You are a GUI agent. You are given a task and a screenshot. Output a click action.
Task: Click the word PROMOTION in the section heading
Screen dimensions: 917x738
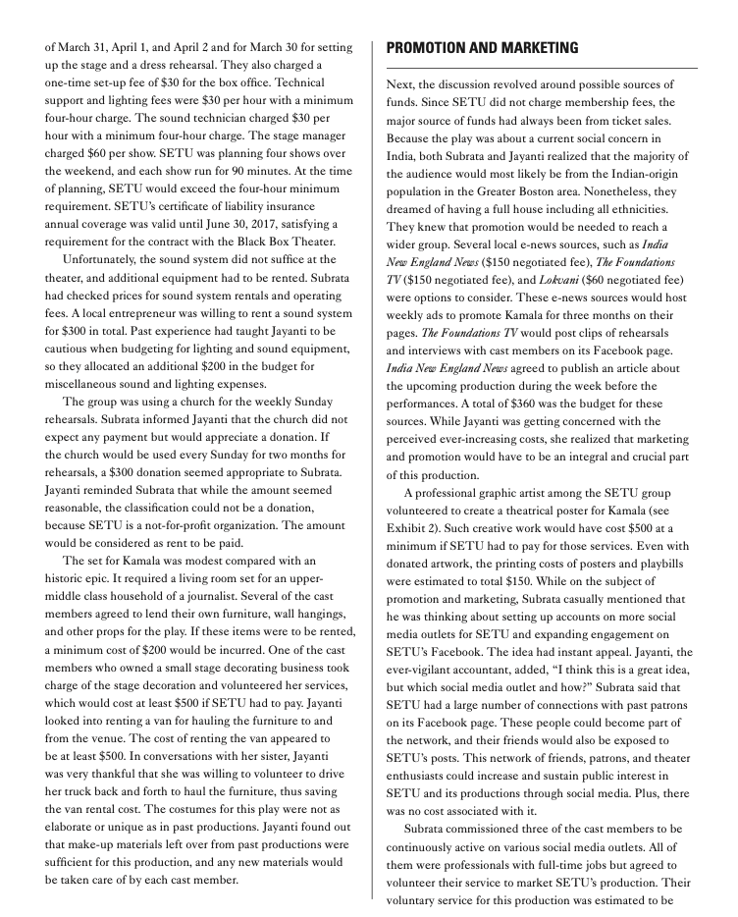coord(428,48)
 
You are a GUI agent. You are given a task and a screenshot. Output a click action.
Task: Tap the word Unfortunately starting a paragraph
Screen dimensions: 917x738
coord(107,260)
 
